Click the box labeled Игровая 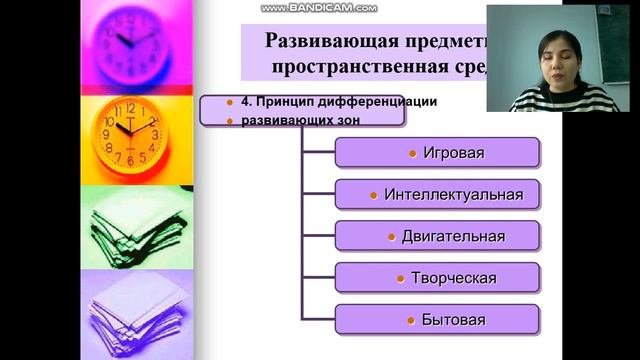pos(437,153)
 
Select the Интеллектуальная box pos(437,194)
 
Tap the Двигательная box pos(437,236)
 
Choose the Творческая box pos(437,278)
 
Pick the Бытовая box pos(437,320)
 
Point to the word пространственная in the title pos(355,66)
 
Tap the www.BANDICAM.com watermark pos(319,8)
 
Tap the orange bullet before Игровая pos(413,153)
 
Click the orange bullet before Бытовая pos(411,320)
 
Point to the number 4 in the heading pos(230,101)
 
